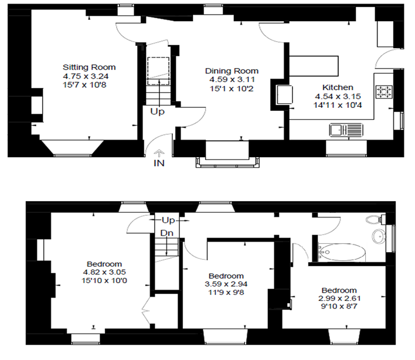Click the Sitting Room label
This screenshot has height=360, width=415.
click(89, 67)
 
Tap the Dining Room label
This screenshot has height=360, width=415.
click(232, 71)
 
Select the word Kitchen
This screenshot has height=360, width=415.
click(338, 87)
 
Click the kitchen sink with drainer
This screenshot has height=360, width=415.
click(346, 130)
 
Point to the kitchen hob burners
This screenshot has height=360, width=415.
click(385, 91)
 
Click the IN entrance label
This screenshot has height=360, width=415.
click(159, 163)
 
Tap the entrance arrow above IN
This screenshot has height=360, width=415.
click(159, 154)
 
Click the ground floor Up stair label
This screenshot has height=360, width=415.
click(158, 111)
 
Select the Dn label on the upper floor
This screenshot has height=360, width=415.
click(167, 233)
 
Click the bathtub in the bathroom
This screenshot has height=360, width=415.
click(342, 253)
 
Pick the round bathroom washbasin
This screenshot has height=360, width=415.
click(379, 236)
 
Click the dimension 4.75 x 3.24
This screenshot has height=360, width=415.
click(86, 76)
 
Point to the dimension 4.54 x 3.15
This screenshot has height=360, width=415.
click(338, 96)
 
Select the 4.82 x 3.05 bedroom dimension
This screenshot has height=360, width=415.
click(104, 272)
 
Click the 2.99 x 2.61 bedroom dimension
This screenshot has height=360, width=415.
click(339, 298)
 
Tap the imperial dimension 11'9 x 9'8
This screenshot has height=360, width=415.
click(226, 293)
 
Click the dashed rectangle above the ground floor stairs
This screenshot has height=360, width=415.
click(158, 71)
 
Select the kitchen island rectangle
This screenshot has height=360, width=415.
click(314, 66)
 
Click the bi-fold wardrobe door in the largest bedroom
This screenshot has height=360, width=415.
click(146, 310)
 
